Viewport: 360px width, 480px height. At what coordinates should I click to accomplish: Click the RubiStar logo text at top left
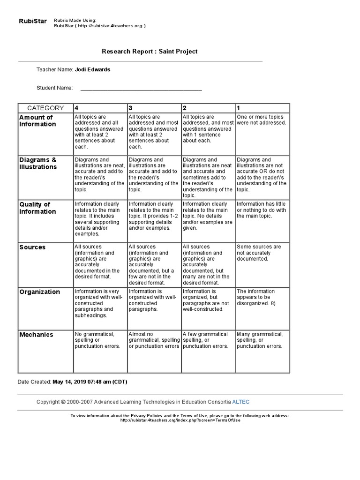point(32,21)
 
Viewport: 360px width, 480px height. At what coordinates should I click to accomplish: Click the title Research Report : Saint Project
point(150,51)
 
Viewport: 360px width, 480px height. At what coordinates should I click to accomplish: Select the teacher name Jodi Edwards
point(93,69)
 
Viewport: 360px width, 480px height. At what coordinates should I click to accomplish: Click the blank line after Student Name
point(141,88)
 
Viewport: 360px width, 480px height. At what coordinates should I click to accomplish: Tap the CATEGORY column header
point(45,108)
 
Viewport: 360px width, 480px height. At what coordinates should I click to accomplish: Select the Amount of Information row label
point(37,120)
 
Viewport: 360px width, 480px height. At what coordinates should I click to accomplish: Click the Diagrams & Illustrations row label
point(38,163)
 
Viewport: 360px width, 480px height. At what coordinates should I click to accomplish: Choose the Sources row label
point(32,247)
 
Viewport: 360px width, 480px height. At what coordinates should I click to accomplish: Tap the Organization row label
point(40,292)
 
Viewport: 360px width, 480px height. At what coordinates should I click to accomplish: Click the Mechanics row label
point(36,335)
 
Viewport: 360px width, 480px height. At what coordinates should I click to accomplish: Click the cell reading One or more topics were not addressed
point(261,120)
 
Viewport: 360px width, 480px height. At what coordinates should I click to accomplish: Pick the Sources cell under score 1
point(259,253)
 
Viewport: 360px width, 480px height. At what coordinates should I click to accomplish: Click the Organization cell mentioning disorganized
point(260,297)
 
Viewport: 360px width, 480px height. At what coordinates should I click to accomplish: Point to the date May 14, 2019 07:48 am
point(90,382)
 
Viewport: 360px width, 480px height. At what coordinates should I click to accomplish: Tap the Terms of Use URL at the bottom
point(180,420)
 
